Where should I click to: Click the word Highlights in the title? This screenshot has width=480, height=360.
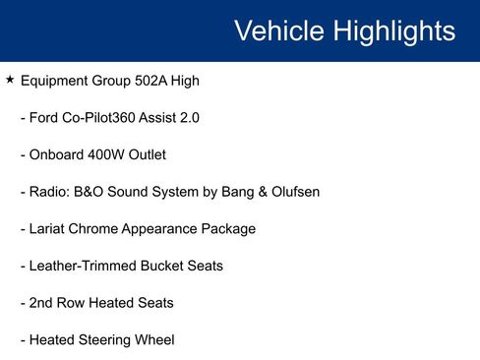[394, 30]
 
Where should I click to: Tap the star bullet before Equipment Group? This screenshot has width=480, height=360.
[10, 80]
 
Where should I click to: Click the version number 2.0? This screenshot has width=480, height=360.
[189, 118]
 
